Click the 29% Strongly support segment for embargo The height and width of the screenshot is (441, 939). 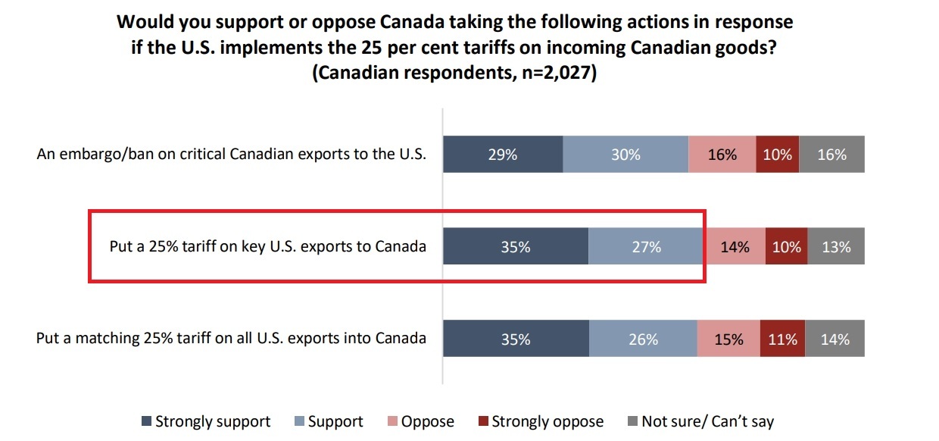(503, 155)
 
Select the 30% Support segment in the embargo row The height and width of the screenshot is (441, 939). (625, 155)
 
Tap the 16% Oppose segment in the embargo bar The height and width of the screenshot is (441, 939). (722, 155)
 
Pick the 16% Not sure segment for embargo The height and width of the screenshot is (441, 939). (831, 155)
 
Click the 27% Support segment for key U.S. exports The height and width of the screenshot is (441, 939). (646, 247)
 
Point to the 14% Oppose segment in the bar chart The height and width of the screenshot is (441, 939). (735, 247)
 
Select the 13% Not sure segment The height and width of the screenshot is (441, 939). (836, 247)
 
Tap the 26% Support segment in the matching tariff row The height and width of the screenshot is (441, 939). (643, 339)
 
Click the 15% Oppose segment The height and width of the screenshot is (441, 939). (728, 339)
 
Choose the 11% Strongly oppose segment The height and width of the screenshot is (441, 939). (782, 339)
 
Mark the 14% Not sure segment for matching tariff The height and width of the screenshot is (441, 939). (834, 339)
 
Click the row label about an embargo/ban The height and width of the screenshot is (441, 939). (232, 155)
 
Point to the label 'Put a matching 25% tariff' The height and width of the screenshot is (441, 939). (231, 338)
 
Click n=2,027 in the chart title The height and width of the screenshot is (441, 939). (552, 76)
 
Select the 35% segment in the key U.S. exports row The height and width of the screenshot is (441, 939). (515, 247)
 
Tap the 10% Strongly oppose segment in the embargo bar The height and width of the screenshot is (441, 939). (777, 155)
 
